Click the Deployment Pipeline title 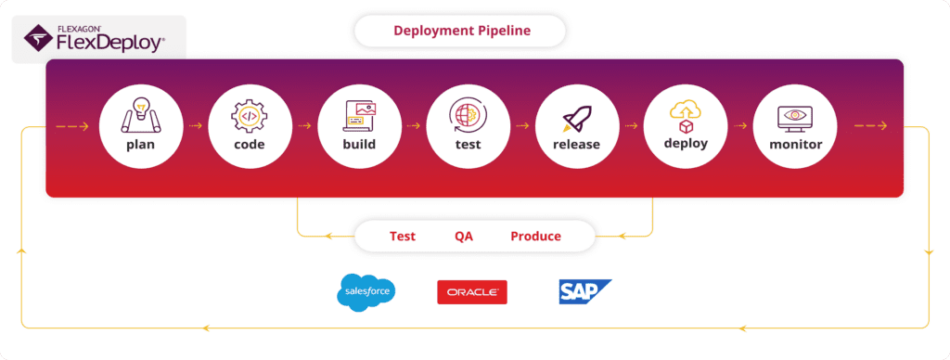coord(462,31)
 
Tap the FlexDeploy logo coord(94,38)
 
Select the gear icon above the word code coord(250,117)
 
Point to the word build coord(359,144)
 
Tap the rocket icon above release coord(577,119)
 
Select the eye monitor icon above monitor coord(795,118)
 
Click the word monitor coord(795,145)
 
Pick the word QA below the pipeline coord(464,237)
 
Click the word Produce coord(535,237)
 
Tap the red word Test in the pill coord(403,237)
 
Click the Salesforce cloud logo coord(366,292)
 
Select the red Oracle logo coord(472,292)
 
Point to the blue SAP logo coord(584,291)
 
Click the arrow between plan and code coord(195,126)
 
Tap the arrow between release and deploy coord(631,126)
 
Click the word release coord(576,145)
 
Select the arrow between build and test coord(413,126)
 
